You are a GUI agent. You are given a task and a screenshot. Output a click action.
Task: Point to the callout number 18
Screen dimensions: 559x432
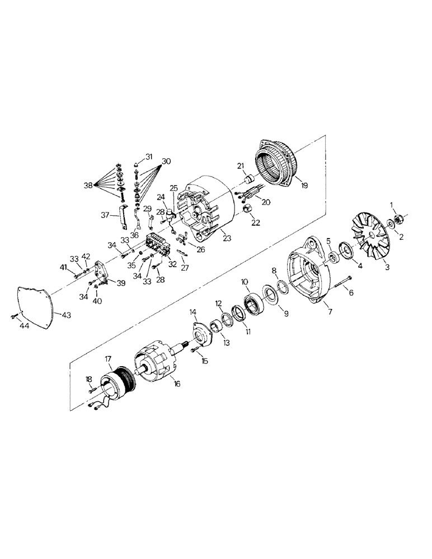click(88, 380)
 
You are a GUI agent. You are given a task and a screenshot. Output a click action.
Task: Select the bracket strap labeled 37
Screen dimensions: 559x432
click(120, 220)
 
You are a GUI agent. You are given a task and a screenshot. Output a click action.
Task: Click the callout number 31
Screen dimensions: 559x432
click(149, 156)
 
